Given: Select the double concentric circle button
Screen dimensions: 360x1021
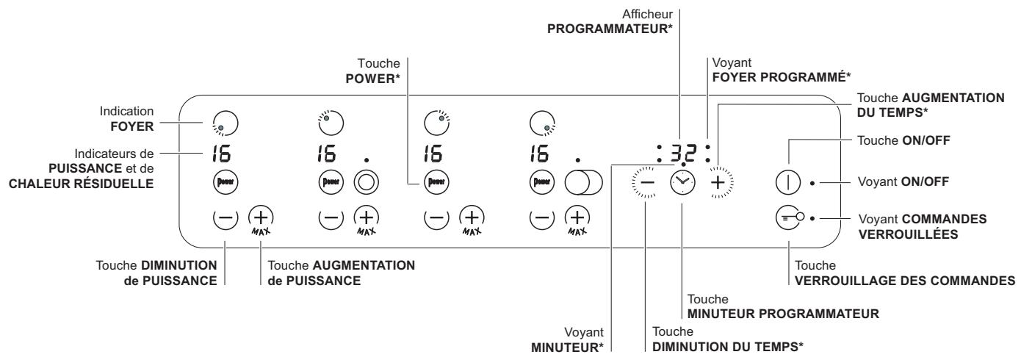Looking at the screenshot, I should (x=364, y=181).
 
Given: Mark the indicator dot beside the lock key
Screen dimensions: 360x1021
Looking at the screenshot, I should (x=812, y=218).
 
